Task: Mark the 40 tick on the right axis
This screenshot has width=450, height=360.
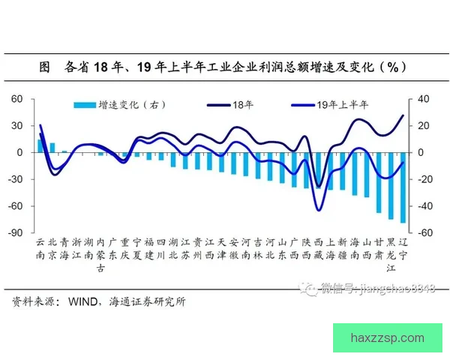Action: pyautogui.click(x=424, y=99)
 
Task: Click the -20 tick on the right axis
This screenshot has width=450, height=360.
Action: pyautogui.click(x=424, y=179)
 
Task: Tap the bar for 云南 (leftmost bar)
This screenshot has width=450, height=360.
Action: pyautogui.click(x=40, y=146)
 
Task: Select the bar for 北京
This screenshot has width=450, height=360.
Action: pyautogui.click(x=52, y=148)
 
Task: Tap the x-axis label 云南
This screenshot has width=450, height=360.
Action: pyautogui.click(x=40, y=248)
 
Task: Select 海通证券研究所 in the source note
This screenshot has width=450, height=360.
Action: pyautogui.click(x=147, y=302)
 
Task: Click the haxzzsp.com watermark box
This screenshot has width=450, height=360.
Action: pyautogui.click(x=386, y=338)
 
